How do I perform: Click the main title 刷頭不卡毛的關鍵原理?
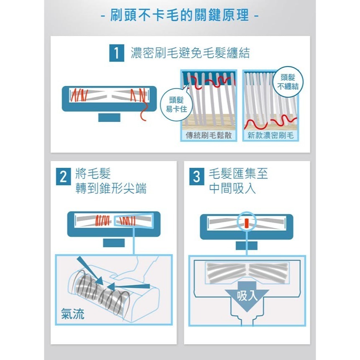pyautogui.click(x=180, y=16)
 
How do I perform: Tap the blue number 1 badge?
pyautogui.click(x=116, y=54)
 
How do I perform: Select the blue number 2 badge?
pyautogui.click(x=64, y=177)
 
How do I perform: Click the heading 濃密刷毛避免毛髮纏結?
pyautogui.click(x=190, y=54)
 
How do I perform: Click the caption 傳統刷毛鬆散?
pyautogui.click(x=209, y=135)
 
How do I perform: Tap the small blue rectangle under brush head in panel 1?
pyautogui.click(x=109, y=117)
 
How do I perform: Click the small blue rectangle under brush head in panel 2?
pyautogui.click(x=114, y=243)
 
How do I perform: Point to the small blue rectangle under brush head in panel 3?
pyautogui.click(x=246, y=245)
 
